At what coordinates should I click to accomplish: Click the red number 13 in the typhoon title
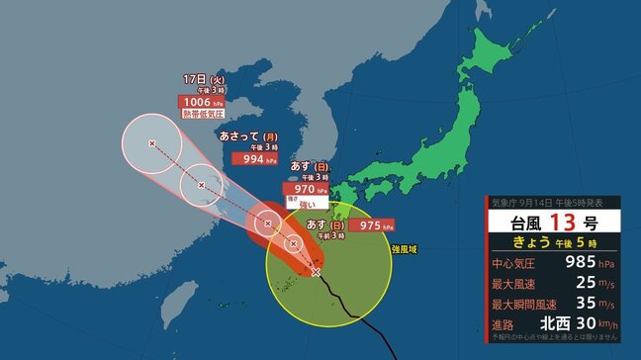point(554,220)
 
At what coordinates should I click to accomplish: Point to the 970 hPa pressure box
point(304,188)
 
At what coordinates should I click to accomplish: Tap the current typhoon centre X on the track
point(316,271)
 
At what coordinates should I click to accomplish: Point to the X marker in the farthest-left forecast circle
point(151,144)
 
